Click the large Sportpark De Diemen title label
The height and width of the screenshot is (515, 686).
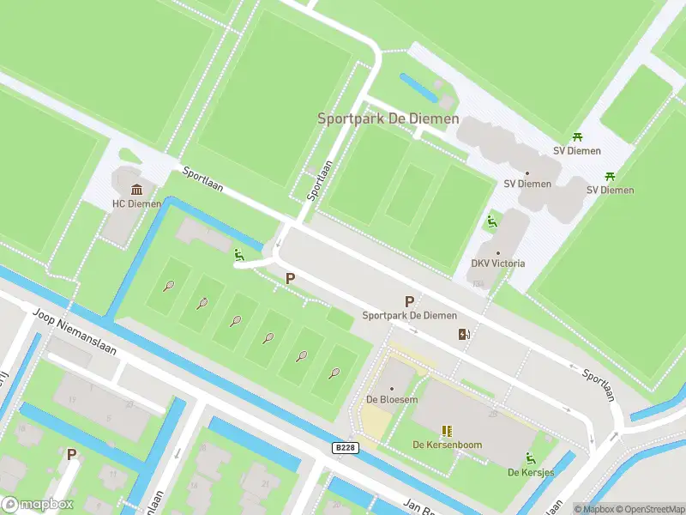click(x=388, y=118)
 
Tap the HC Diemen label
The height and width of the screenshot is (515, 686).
click(x=136, y=204)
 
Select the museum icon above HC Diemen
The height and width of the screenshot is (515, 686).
click(x=136, y=190)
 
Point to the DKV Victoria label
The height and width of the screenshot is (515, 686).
click(x=498, y=263)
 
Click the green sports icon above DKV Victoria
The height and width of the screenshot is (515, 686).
click(x=490, y=221)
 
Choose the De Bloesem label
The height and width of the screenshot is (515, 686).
click(x=392, y=399)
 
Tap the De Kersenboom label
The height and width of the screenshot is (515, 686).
click(x=447, y=445)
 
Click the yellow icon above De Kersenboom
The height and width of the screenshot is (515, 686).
click(x=447, y=430)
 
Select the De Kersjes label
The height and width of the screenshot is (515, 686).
click(x=530, y=472)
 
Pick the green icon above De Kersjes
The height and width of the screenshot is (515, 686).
click(x=530, y=457)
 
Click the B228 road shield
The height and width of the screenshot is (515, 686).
click(x=345, y=447)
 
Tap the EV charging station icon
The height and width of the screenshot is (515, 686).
click(x=464, y=335)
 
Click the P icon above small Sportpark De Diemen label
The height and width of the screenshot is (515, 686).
click(x=409, y=301)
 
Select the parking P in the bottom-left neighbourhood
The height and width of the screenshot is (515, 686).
click(x=72, y=454)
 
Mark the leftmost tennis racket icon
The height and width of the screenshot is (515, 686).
click(x=169, y=286)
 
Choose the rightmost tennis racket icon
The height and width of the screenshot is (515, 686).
click(x=334, y=373)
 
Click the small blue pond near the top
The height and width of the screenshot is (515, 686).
click(x=418, y=87)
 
